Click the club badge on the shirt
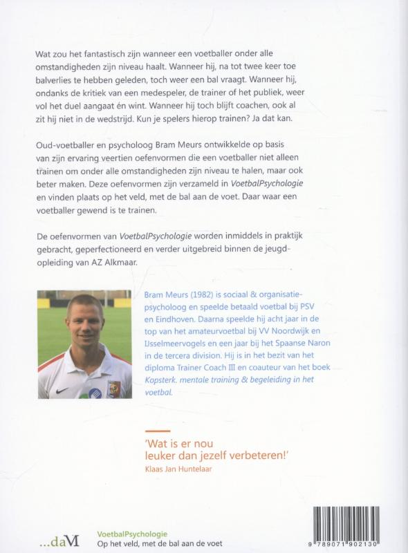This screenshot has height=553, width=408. pos(113,388)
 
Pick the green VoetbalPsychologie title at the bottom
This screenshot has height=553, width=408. pos(122,533)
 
